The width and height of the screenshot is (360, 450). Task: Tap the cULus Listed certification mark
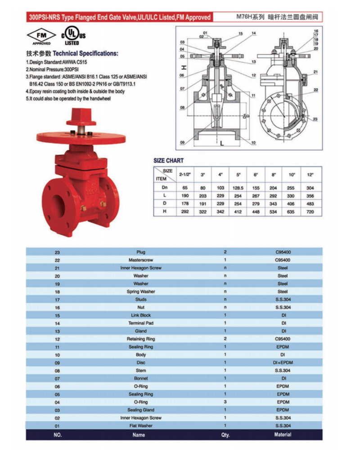click(x=73, y=36)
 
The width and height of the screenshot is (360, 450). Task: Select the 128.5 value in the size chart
click(x=238, y=188)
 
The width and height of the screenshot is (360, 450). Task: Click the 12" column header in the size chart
click(x=310, y=175)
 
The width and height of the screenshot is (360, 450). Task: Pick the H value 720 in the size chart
click(x=310, y=212)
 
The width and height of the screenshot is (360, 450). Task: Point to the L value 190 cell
click(x=185, y=196)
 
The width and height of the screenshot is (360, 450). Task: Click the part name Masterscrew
click(x=141, y=260)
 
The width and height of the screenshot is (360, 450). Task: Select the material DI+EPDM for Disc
click(x=283, y=362)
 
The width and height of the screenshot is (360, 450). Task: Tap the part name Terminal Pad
click(x=141, y=323)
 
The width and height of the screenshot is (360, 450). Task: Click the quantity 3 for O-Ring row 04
click(x=225, y=402)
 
